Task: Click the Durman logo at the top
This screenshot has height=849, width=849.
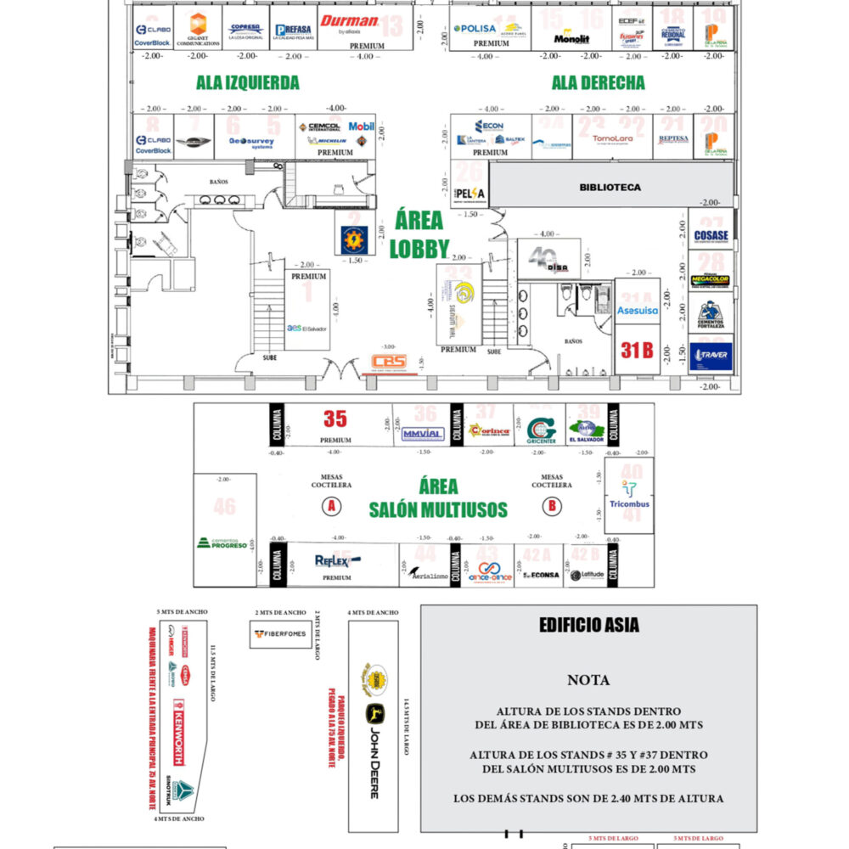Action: (349, 23)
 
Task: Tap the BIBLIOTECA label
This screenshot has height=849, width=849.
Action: (610, 187)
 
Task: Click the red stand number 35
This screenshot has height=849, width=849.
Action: (335, 419)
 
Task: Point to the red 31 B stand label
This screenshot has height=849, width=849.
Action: (636, 349)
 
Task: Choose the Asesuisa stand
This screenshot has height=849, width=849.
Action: (637, 312)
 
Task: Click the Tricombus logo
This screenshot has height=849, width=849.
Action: (629, 496)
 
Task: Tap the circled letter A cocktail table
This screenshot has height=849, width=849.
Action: (329, 507)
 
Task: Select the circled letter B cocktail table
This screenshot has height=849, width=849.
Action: (553, 507)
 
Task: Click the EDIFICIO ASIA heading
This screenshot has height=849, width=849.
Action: (589, 627)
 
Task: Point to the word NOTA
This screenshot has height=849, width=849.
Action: (588, 680)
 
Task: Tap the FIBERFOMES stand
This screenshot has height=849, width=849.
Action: (280, 633)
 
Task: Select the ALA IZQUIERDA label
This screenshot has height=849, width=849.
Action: (247, 83)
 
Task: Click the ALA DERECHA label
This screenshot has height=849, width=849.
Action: (598, 83)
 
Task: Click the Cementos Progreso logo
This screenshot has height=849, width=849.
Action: (222, 541)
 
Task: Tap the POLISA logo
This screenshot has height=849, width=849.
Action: (476, 28)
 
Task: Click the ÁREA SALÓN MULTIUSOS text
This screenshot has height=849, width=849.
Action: (437, 498)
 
